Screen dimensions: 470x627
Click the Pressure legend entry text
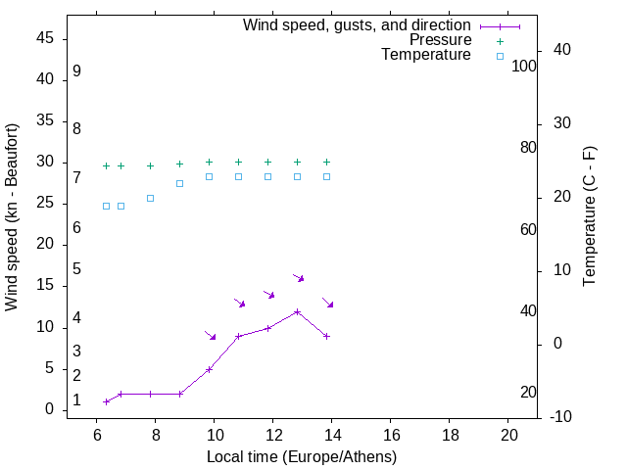(x=440, y=40)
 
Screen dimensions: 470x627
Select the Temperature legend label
(x=426, y=55)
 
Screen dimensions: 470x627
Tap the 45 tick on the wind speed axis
(x=45, y=38)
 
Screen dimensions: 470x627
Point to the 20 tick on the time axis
(x=508, y=436)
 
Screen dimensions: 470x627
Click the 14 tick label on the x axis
(x=332, y=436)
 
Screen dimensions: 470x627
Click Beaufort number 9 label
(x=76, y=71)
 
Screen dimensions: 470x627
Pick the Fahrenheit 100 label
(x=524, y=66)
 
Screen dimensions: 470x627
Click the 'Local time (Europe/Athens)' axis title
(x=302, y=456)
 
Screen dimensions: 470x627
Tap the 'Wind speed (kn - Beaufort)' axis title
(x=12, y=217)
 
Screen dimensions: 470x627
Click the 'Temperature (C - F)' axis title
(x=589, y=216)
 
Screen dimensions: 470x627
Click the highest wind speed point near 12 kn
(x=297, y=311)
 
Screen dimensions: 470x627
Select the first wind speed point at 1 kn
(x=106, y=401)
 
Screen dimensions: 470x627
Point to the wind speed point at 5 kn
(x=209, y=369)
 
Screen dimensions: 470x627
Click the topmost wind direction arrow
(x=299, y=278)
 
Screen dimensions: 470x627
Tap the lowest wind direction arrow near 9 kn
(x=210, y=336)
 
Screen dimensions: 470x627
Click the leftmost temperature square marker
(x=106, y=206)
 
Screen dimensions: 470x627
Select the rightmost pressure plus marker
(x=326, y=162)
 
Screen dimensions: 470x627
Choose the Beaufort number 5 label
(x=76, y=268)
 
